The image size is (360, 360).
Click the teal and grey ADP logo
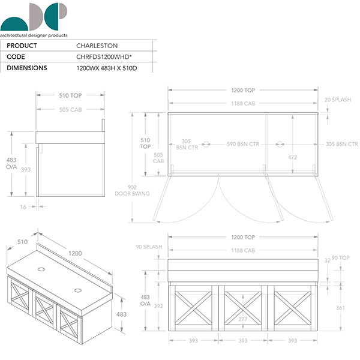(34, 16)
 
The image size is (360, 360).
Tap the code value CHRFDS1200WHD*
(103, 56)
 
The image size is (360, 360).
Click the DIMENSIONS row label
(26, 68)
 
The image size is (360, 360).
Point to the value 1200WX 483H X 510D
(107, 68)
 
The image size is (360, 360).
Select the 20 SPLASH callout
(337, 100)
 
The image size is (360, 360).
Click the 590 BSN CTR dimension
(242, 144)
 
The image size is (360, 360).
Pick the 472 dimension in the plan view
(293, 157)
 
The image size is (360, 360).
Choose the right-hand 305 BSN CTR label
(341, 144)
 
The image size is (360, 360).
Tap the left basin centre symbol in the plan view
(205, 144)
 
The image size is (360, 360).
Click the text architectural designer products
(34, 35)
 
